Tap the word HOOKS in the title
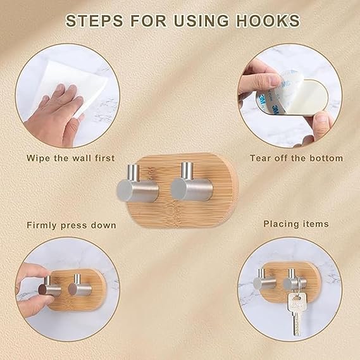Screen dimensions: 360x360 tap(268, 21)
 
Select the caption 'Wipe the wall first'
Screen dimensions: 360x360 tap(70, 158)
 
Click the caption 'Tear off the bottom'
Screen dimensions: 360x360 tap(296, 158)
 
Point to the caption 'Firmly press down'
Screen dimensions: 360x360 tap(71, 225)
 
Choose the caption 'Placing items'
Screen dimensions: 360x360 tap(296, 224)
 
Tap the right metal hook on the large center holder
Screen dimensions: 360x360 tap(192, 182)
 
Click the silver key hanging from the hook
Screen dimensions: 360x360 tap(296, 313)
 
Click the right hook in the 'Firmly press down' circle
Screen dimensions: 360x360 tap(80, 285)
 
